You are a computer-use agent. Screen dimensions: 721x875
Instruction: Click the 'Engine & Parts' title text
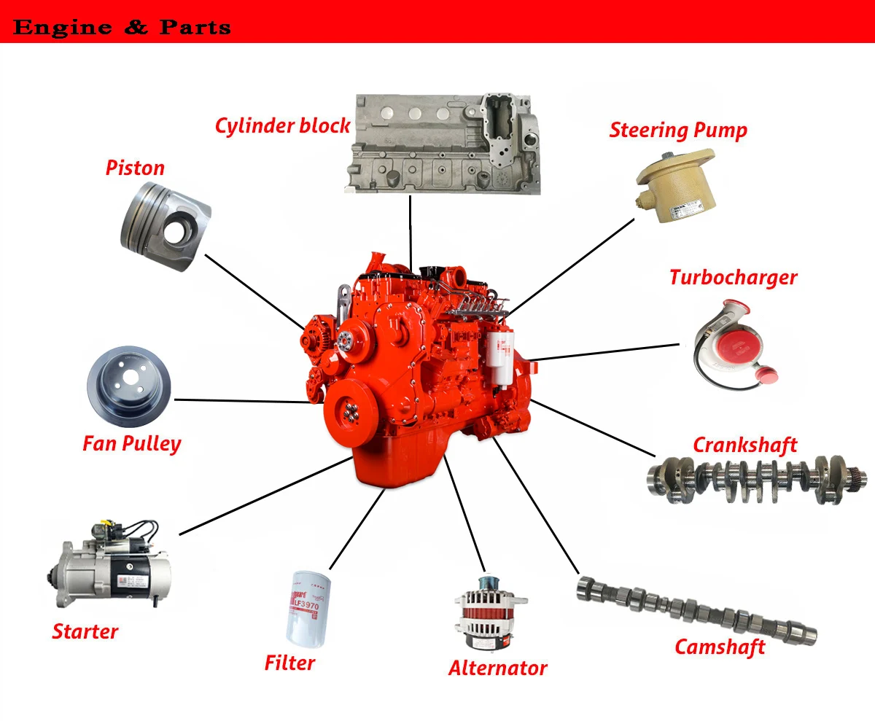click(x=122, y=28)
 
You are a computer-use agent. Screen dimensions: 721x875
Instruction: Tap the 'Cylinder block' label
click(x=282, y=125)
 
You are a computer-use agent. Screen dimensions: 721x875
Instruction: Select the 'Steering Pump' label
click(x=678, y=130)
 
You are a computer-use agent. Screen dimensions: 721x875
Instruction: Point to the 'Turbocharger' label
click(x=733, y=278)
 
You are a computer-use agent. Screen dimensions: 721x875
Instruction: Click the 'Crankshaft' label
click(x=744, y=445)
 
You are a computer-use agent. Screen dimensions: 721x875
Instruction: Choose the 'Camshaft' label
click(x=720, y=647)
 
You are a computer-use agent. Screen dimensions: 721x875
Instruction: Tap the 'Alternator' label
click(x=497, y=668)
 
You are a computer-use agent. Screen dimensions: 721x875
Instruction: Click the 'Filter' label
click(x=289, y=663)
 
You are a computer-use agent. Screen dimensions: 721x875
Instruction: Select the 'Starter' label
click(x=85, y=631)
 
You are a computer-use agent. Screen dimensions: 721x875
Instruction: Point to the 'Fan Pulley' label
click(x=131, y=443)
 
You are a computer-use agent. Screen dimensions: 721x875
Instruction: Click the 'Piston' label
click(x=135, y=168)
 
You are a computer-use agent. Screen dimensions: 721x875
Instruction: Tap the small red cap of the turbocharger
click(x=766, y=374)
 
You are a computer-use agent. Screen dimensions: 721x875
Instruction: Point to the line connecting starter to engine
click(x=266, y=495)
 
